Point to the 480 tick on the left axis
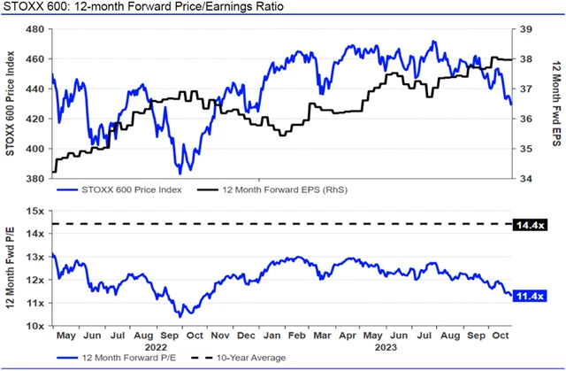[x=36, y=29]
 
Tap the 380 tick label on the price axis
[x=36, y=179]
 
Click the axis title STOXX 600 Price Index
[x=11, y=104]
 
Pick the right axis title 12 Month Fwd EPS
[x=556, y=104]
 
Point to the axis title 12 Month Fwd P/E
[x=11, y=267]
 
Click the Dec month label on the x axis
[x=249, y=336]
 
